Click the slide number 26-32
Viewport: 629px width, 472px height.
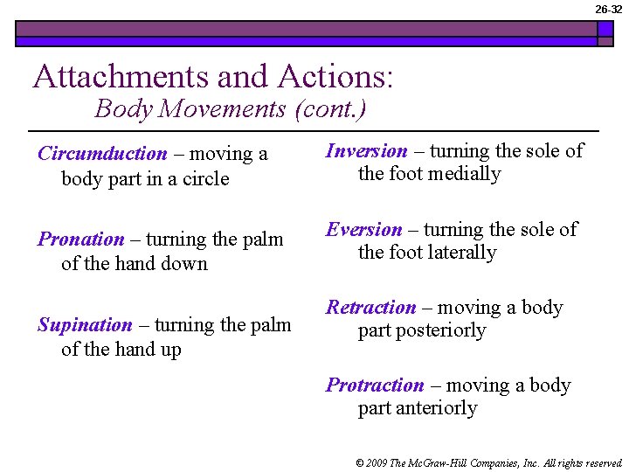point(609,9)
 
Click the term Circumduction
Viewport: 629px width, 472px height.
point(102,154)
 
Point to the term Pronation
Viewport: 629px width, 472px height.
point(81,239)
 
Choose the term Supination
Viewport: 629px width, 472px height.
point(85,325)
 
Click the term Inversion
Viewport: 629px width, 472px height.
point(366,151)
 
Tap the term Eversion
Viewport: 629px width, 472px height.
point(363,230)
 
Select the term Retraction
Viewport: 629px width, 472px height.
point(370,308)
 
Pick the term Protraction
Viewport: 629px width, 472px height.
point(375,385)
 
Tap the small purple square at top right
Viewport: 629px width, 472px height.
point(605,28)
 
